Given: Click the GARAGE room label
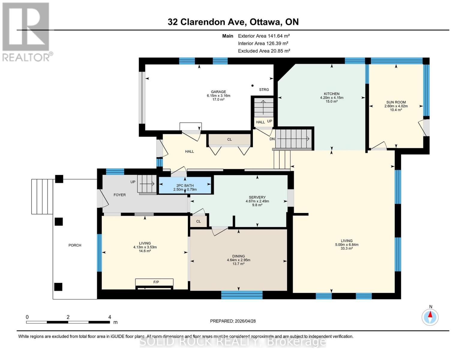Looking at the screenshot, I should (x=218, y=92).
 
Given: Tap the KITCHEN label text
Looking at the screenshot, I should (x=332, y=94).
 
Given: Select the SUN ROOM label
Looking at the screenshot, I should (x=396, y=102).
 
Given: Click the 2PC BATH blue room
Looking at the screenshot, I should (x=185, y=185).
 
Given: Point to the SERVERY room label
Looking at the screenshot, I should (x=257, y=197).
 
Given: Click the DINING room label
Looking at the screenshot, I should (x=238, y=256).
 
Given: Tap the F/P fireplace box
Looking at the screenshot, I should (x=154, y=282).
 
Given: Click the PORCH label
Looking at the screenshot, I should (x=75, y=245).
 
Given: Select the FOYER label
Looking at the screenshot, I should (x=119, y=195).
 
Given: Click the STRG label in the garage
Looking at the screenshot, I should (x=264, y=89).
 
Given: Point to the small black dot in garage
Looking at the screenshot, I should (x=253, y=85).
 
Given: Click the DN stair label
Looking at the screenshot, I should (x=272, y=139).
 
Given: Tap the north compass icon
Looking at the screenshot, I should (x=430, y=317).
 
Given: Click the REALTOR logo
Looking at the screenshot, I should (x=26, y=31).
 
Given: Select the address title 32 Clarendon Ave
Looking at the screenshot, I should (x=233, y=22).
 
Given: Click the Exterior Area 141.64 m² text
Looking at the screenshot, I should (x=264, y=36).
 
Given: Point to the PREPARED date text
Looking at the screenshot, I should (x=233, y=321).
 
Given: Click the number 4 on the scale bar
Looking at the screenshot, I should (x=110, y=317).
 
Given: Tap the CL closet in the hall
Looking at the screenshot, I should (x=230, y=139).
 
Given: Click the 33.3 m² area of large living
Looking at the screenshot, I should (x=347, y=248).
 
